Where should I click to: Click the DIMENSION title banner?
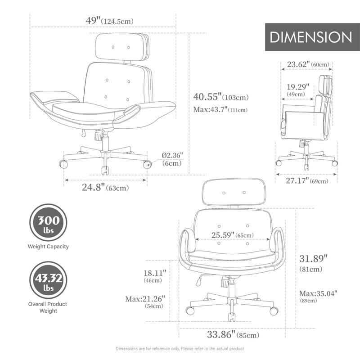pyautogui.click(x=311, y=37)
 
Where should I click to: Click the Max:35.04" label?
pyautogui.click(x=318, y=293)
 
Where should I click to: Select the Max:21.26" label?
pyautogui.click(x=145, y=298)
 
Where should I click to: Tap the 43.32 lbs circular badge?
pyautogui.click(x=49, y=281)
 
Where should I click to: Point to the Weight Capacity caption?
pyautogui.click(x=49, y=247)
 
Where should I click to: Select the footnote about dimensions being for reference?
pyautogui.click(x=180, y=349)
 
